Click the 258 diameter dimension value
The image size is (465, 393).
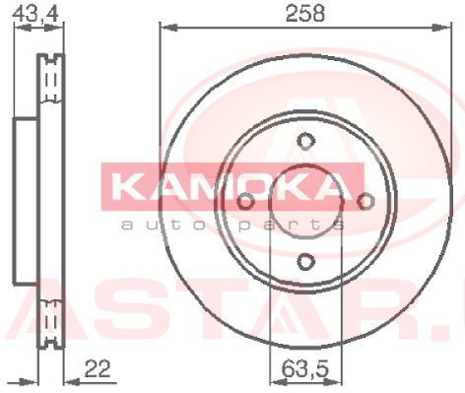[305, 14]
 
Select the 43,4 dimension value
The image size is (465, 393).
[35, 14]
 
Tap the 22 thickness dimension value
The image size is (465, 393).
[98, 368]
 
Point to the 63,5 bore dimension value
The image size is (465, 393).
[305, 368]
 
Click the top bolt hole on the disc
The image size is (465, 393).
[306, 141]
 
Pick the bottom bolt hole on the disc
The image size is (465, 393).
[306, 262]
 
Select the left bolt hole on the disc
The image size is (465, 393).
[245, 201]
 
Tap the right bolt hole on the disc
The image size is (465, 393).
[365, 201]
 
